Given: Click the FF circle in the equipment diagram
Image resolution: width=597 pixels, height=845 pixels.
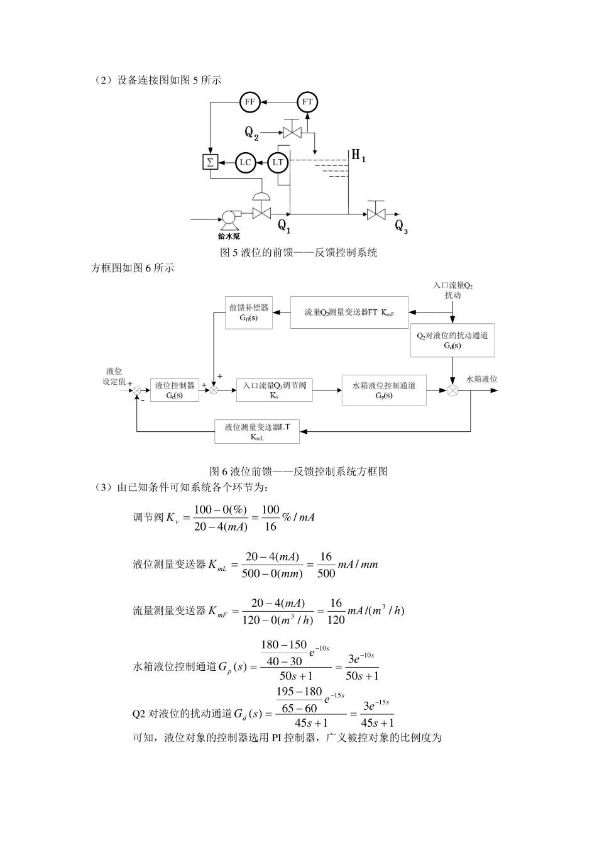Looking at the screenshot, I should (250, 101).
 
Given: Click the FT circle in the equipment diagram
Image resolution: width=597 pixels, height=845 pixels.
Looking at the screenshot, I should (307, 101).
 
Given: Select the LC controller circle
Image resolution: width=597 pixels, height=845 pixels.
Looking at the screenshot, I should (245, 162).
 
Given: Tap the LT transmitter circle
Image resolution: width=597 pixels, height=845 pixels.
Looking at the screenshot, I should (278, 162).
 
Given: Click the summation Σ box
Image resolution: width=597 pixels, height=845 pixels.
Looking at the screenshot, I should (210, 162).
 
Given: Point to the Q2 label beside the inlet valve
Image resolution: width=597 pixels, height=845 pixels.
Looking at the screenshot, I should (251, 133).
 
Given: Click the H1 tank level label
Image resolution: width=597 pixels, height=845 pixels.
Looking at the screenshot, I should (358, 155).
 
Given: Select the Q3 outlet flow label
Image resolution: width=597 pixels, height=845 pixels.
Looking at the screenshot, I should (401, 226).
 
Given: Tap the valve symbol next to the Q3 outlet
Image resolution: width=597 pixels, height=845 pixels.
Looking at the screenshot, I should (376, 214).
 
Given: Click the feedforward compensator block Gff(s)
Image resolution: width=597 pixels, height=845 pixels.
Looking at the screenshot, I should (248, 312).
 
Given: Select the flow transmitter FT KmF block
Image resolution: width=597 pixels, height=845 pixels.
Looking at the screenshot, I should (349, 312).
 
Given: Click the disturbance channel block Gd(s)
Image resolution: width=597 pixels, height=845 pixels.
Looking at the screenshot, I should (452, 340).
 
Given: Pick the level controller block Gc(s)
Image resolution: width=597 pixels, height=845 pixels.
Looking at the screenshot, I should (174, 390).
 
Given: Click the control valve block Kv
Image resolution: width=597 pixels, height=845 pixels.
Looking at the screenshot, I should (274, 390).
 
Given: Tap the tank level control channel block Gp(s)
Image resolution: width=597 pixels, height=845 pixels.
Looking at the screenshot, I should (383, 390).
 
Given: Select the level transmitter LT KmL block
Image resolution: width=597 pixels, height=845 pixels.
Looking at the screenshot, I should (256, 431).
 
